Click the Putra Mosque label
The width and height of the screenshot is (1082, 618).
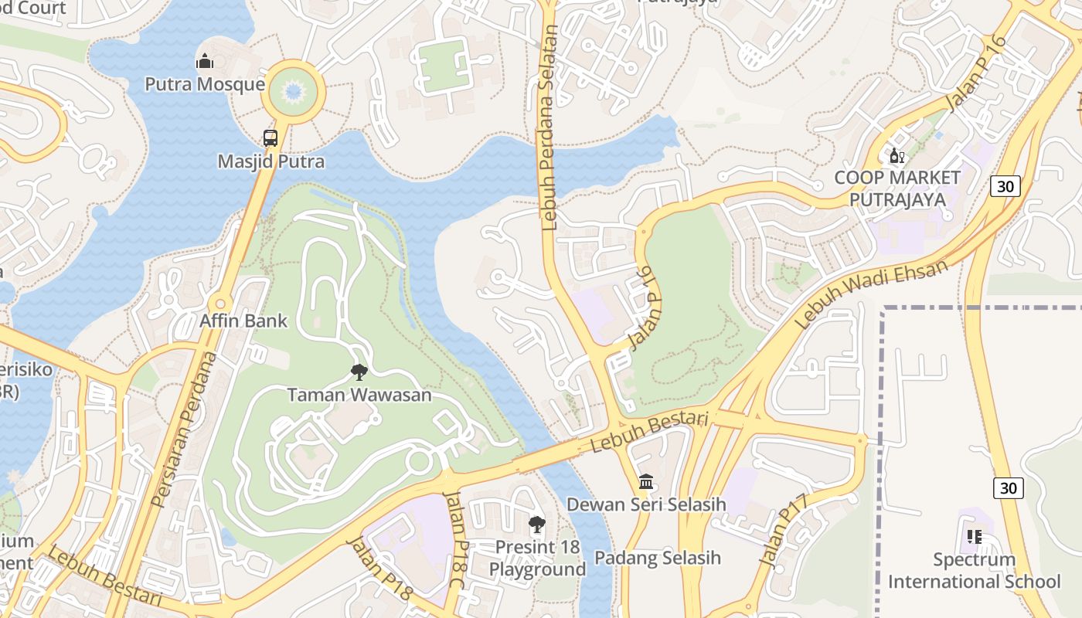point(205,84)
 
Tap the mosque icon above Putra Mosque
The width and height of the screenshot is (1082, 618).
point(205,60)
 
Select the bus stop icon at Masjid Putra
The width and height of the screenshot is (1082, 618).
point(270,138)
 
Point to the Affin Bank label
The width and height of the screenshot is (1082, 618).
point(243,321)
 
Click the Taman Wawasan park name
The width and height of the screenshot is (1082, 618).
point(359,395)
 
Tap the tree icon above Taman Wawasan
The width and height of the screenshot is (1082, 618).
point(359,372)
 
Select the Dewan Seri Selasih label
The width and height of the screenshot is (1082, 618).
point(646,504)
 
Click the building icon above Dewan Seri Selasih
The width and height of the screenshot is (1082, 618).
point(646,482)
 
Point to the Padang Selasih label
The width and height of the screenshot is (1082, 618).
point(657,558)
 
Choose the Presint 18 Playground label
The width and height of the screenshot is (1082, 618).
point(537,559)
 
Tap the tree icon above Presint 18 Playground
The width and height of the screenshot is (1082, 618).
point(536,525)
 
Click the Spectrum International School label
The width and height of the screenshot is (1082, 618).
point(974,570)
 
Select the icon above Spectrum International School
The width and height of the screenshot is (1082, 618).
point(974,536)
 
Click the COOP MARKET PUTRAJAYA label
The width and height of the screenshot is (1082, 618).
point(897,188)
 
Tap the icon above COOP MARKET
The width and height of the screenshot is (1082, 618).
point(897,156)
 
